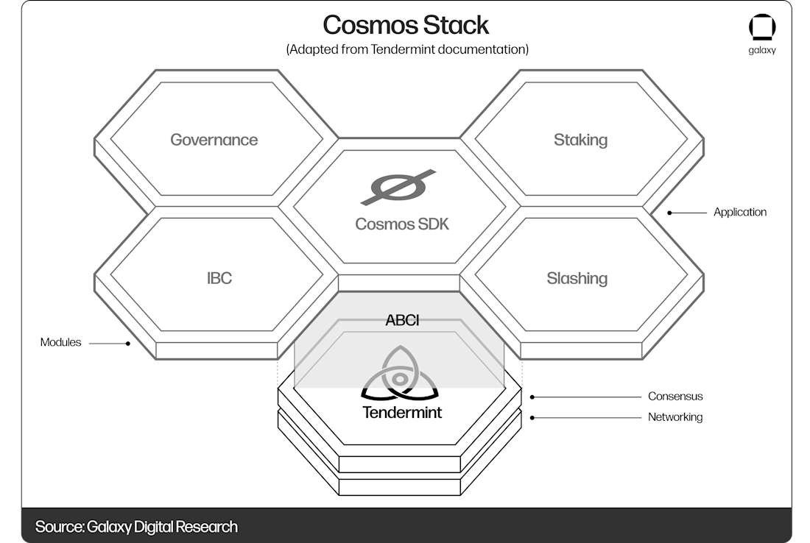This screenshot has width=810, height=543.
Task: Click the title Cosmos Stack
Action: pos(406,25)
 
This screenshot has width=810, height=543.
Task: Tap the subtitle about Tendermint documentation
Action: pos(407,49)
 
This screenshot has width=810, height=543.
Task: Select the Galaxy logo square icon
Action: pos(762,28)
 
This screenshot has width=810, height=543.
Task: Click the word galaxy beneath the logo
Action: pos(762,51)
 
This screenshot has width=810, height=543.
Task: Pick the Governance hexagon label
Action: pos(214,140)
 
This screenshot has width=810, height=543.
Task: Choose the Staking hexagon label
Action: pos(580,140)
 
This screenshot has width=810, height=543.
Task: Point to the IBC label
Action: pos(219,278)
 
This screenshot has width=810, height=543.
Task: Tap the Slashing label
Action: pos(577,278)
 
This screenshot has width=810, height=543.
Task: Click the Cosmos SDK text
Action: pos(401,224)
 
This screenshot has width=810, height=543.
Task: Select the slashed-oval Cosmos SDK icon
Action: pos(398,188)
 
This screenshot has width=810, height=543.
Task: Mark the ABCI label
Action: pos(402,321)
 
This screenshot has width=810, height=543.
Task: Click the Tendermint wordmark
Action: pos(402,412)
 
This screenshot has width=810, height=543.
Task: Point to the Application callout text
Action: pos(740,212)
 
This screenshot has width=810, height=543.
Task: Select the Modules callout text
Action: pos(61,342)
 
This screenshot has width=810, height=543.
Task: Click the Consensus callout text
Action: pos(675,396)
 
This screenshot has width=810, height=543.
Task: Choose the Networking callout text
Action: pos(675,417)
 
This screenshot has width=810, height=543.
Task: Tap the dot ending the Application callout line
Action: pos(669,213)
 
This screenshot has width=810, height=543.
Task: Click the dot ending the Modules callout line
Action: pos(128,343)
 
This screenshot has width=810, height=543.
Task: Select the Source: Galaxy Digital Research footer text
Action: pos(136,527)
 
